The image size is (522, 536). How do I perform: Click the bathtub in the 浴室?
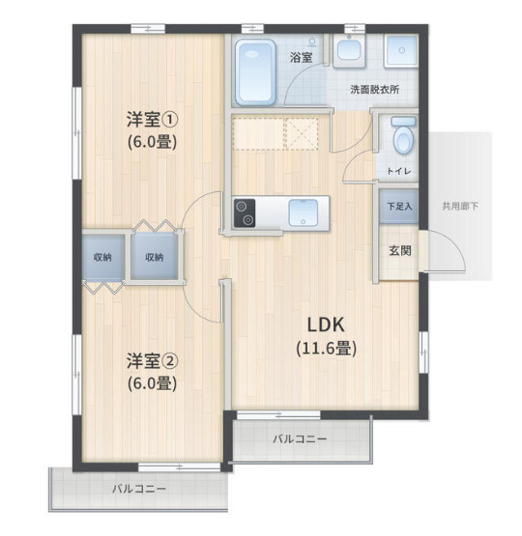click(255, 72)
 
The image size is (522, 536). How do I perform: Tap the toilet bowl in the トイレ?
click(404, 136)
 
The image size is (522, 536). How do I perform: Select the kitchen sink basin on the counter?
click(304, 212)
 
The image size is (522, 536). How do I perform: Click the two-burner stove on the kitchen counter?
click(245, 213)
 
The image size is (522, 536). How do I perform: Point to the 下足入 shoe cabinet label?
click(399, 207)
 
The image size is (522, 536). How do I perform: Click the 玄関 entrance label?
click(400, 251)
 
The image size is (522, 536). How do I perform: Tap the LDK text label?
click(326, 324)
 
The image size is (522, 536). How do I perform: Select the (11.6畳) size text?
click(327, 349)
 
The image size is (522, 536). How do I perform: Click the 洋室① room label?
click(152, 120)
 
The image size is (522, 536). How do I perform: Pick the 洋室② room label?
click(152, 360)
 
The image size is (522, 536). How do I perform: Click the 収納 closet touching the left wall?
click(103, 257)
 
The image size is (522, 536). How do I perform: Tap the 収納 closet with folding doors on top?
click(155, 256)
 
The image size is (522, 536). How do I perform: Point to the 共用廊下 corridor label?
click(460, 206)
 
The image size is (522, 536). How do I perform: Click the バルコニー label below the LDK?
click(300, 438)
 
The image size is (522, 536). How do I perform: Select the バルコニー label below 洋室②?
click(139, 489)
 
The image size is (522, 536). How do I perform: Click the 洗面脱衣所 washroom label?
click(374, 90)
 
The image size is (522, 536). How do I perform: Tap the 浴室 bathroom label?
click(301, 57)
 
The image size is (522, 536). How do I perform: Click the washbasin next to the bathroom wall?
click(349, 50)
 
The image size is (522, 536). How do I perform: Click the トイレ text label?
click(399, 171)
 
